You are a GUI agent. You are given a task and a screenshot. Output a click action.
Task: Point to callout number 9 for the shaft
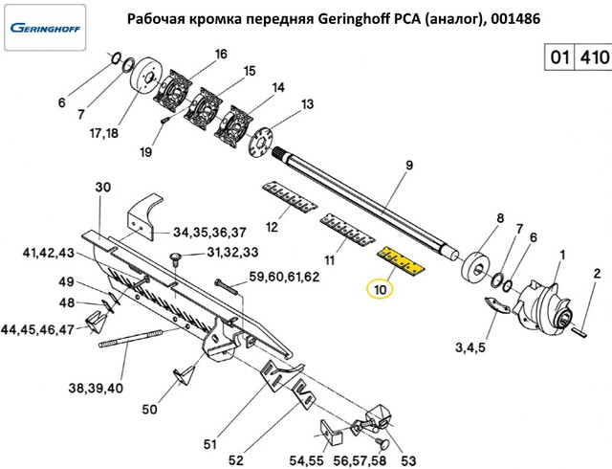pos(408,166)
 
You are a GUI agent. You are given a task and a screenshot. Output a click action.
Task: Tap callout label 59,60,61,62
pos(284,278)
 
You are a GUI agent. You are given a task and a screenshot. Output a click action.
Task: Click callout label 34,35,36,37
pos(209,233)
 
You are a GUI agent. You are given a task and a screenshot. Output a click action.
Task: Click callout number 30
pos(104,188)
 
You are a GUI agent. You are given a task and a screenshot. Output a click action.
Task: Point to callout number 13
pos(307,104)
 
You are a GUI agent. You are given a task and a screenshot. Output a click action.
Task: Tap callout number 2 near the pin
pos(597,274)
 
